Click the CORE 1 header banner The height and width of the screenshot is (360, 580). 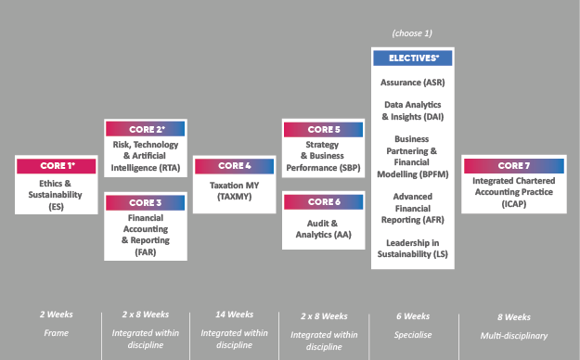tap(57, 166)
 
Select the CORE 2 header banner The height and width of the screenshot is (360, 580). tap(146, 129)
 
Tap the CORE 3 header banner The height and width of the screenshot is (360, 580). tap(146, 203)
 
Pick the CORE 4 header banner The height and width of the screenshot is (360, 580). tap(235, 166)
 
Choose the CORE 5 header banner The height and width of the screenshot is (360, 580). tap(323, 130)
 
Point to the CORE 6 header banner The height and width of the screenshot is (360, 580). tap(323, 202)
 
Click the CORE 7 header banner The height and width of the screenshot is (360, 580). tap(514, 166)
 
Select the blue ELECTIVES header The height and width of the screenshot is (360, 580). tap(413, 58)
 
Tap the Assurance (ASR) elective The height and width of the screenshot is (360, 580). tap(413, 83)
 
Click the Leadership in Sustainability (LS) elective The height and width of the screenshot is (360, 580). tap(413, 249)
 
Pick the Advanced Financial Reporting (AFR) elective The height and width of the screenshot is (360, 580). tap(413, 208)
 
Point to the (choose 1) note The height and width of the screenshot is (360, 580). tap(412, 33)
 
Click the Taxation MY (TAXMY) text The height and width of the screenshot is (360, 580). tap(235, 190)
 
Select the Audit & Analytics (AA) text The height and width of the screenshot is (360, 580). tap(323, 229)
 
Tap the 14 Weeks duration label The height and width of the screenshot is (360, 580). tap(235, 315)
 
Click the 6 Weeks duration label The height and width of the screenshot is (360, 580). tap(413, 316)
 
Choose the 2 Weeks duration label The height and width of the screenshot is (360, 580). tap(57, 315)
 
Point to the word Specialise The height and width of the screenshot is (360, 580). tap(413, 335)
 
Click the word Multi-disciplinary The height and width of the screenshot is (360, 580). tap(514, 336)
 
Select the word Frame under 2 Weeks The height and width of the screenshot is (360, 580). tap(57, 333)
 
